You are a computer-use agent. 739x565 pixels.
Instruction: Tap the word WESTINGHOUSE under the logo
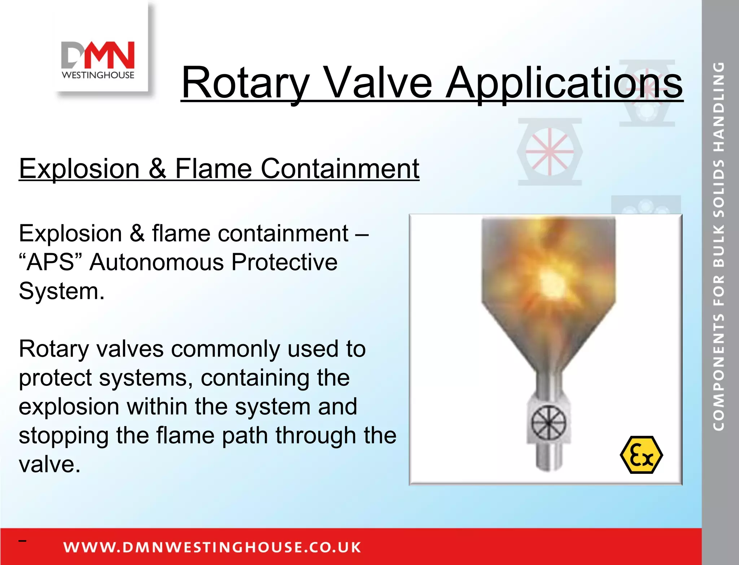pos(98,75)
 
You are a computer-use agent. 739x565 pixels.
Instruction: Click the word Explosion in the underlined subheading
pos(79,168)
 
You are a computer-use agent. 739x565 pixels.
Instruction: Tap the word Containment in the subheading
pos(340,168)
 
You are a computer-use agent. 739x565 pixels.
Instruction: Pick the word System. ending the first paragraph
pos(61,291)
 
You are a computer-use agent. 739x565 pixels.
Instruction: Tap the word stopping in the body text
pos(63,436)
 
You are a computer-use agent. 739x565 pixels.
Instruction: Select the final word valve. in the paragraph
pos(49,464)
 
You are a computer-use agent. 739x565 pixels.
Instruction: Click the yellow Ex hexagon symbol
pos(641,455)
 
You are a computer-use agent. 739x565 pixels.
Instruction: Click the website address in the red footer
pos(212,547)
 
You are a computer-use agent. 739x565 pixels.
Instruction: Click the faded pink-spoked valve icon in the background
pos(550,152)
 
